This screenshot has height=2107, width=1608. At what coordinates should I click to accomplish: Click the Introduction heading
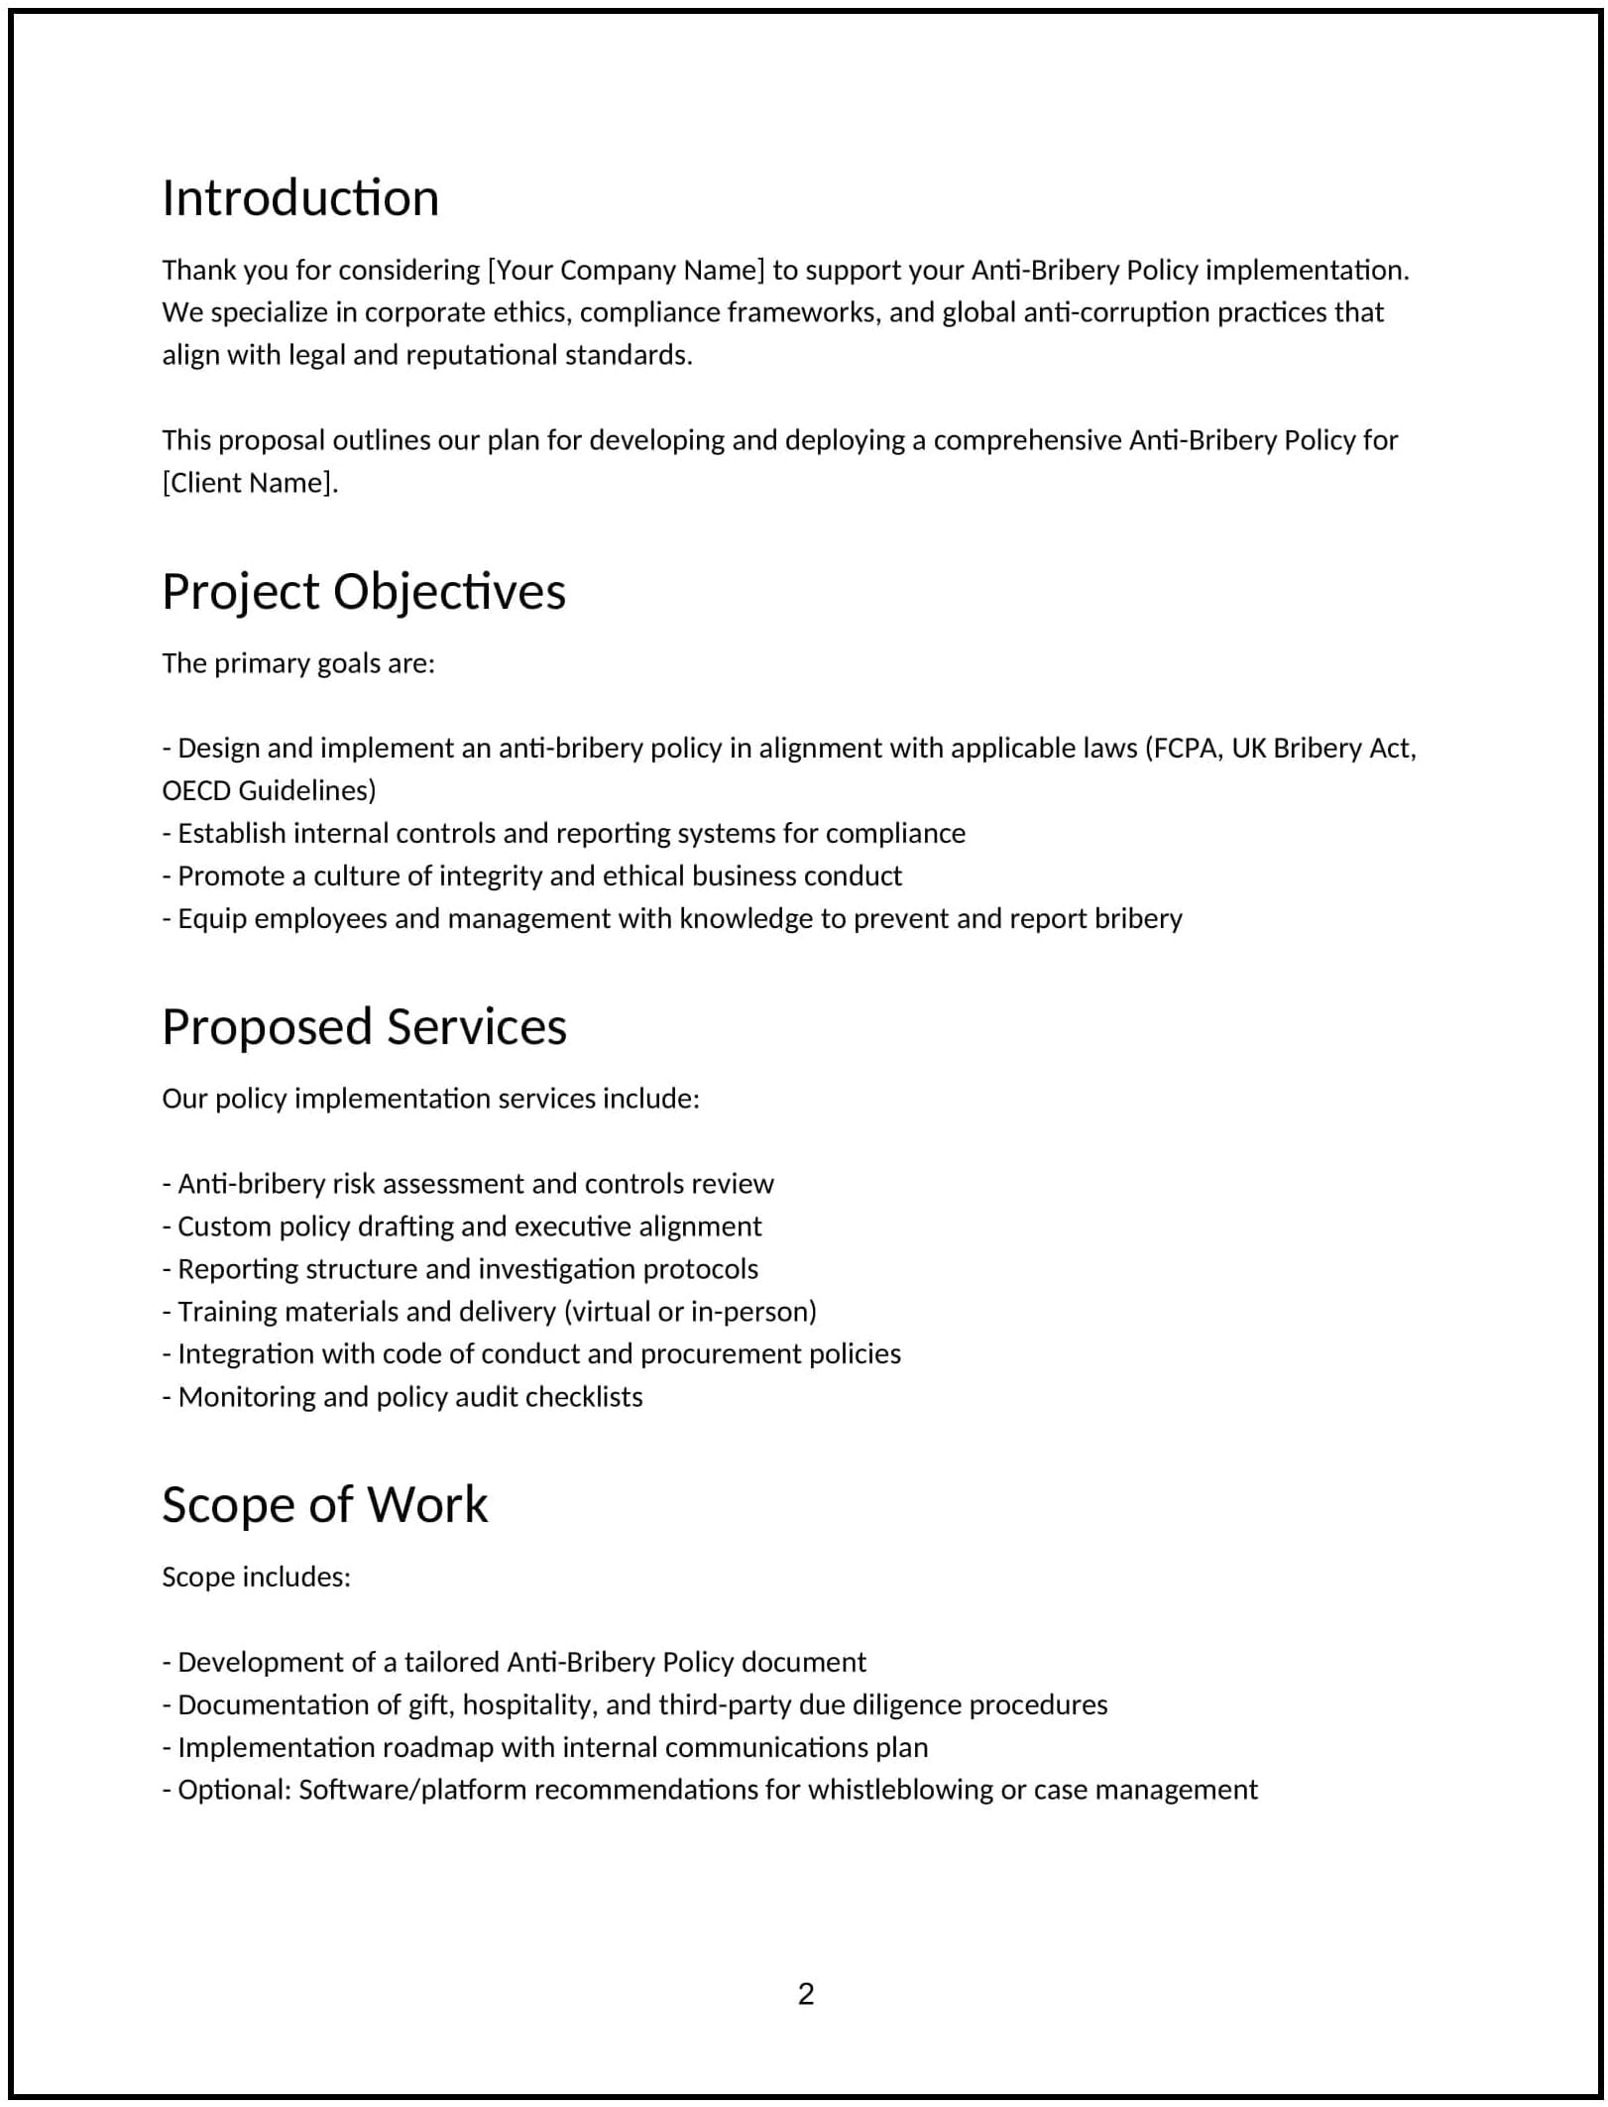pyautogui.click(x=300, y=198)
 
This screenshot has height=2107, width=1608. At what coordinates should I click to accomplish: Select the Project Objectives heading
pyautogui.click(x=364, y=592)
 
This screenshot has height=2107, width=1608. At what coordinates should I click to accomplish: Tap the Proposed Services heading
pyautogui.click(x=364, y=1027)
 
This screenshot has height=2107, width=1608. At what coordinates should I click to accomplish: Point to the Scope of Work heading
pyautogui.click(x=324, y=1505)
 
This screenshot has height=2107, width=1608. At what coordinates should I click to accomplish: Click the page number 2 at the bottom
pyautogui.click(x=805, y=1993)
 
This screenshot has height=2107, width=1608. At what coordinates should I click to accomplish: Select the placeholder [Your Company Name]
pyautogui.click(x=627, y=271)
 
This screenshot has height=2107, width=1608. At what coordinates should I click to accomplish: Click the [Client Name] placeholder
pyautogui.click(x=250, y=483)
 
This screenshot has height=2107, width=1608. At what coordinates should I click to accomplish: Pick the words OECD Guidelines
pyautogui.click(x=269, y=791)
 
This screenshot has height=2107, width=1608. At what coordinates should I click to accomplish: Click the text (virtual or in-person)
pyautogui.click(x=690, y=1312)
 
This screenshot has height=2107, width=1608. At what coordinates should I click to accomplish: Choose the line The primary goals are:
pyautogui.click(x=298, y=663)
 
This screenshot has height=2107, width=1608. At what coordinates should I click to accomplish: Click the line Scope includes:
pyautogui.click(x=256, y=1578)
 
